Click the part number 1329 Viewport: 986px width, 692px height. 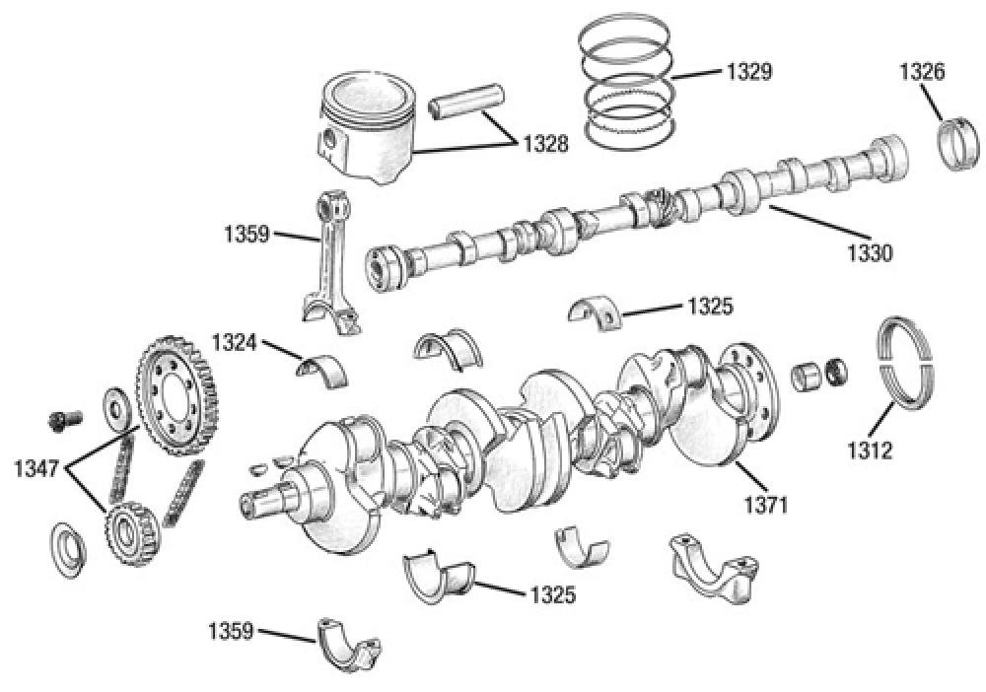749,72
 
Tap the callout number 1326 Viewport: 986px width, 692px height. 922,72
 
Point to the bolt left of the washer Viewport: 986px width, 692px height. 62,420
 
